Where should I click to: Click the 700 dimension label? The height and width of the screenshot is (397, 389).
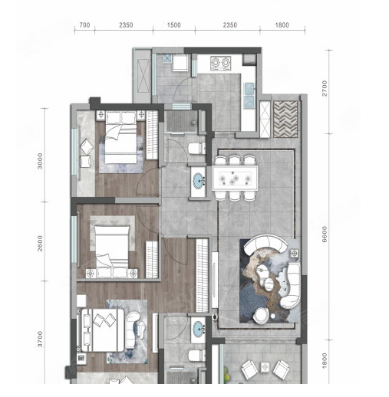(84, 25)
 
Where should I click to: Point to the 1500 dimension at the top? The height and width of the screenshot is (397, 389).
(174, 25)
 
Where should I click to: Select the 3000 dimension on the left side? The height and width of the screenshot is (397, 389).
(40, 161)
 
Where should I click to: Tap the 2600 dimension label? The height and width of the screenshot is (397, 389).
(40, 243)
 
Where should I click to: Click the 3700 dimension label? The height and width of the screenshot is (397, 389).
(40, 339)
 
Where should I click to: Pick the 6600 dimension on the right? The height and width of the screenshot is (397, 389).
(325, 234)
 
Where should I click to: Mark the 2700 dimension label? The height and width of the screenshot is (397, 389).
(325, 88)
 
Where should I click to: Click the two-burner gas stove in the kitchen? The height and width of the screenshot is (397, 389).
(221, 63)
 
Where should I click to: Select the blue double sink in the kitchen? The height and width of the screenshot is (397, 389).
(249, 95)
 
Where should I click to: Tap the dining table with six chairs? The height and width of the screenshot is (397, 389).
(235, 178)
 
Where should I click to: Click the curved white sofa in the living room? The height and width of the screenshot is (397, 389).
(265, 244)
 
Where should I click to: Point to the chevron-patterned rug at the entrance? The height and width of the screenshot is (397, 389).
(285, 119)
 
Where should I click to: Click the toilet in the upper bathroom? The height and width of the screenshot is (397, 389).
(197, 149)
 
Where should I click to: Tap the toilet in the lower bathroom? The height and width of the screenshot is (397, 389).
(197, 355)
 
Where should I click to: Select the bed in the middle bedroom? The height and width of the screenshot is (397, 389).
(111, 245)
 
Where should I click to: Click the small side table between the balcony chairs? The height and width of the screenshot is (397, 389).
(265, 367)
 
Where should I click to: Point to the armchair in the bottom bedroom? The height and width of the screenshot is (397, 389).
(133, 330)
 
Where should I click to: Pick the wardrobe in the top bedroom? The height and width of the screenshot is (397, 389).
(152, 135)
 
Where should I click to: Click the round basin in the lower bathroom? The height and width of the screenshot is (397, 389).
(199, 328)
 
